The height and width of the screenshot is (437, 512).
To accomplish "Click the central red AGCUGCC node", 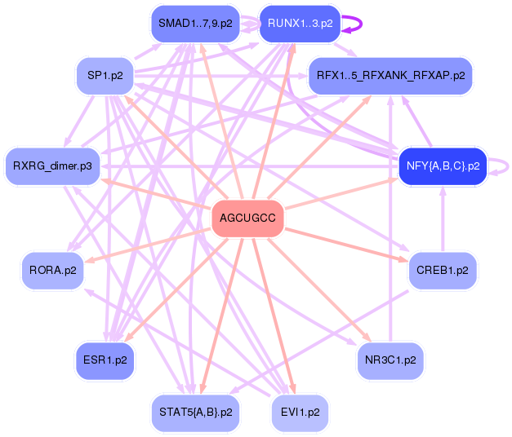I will pos(247,218).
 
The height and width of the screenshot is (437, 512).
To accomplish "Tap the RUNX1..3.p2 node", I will pos(299,24).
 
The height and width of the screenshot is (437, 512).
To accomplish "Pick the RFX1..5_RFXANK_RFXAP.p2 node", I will pos(390,76).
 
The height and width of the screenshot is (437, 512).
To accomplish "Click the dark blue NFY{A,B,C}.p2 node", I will pos(442,166).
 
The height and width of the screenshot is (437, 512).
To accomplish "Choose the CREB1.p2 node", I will pos(442,271).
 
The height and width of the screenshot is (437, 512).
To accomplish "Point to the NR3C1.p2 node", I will pos(390,360).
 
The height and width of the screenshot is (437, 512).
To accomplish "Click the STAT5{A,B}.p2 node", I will pos(195,412).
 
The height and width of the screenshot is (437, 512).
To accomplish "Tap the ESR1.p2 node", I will pos(105,360).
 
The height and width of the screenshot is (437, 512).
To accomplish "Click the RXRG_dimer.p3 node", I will pos(52,166).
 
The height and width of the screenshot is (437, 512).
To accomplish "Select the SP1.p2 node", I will pos(105,76).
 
